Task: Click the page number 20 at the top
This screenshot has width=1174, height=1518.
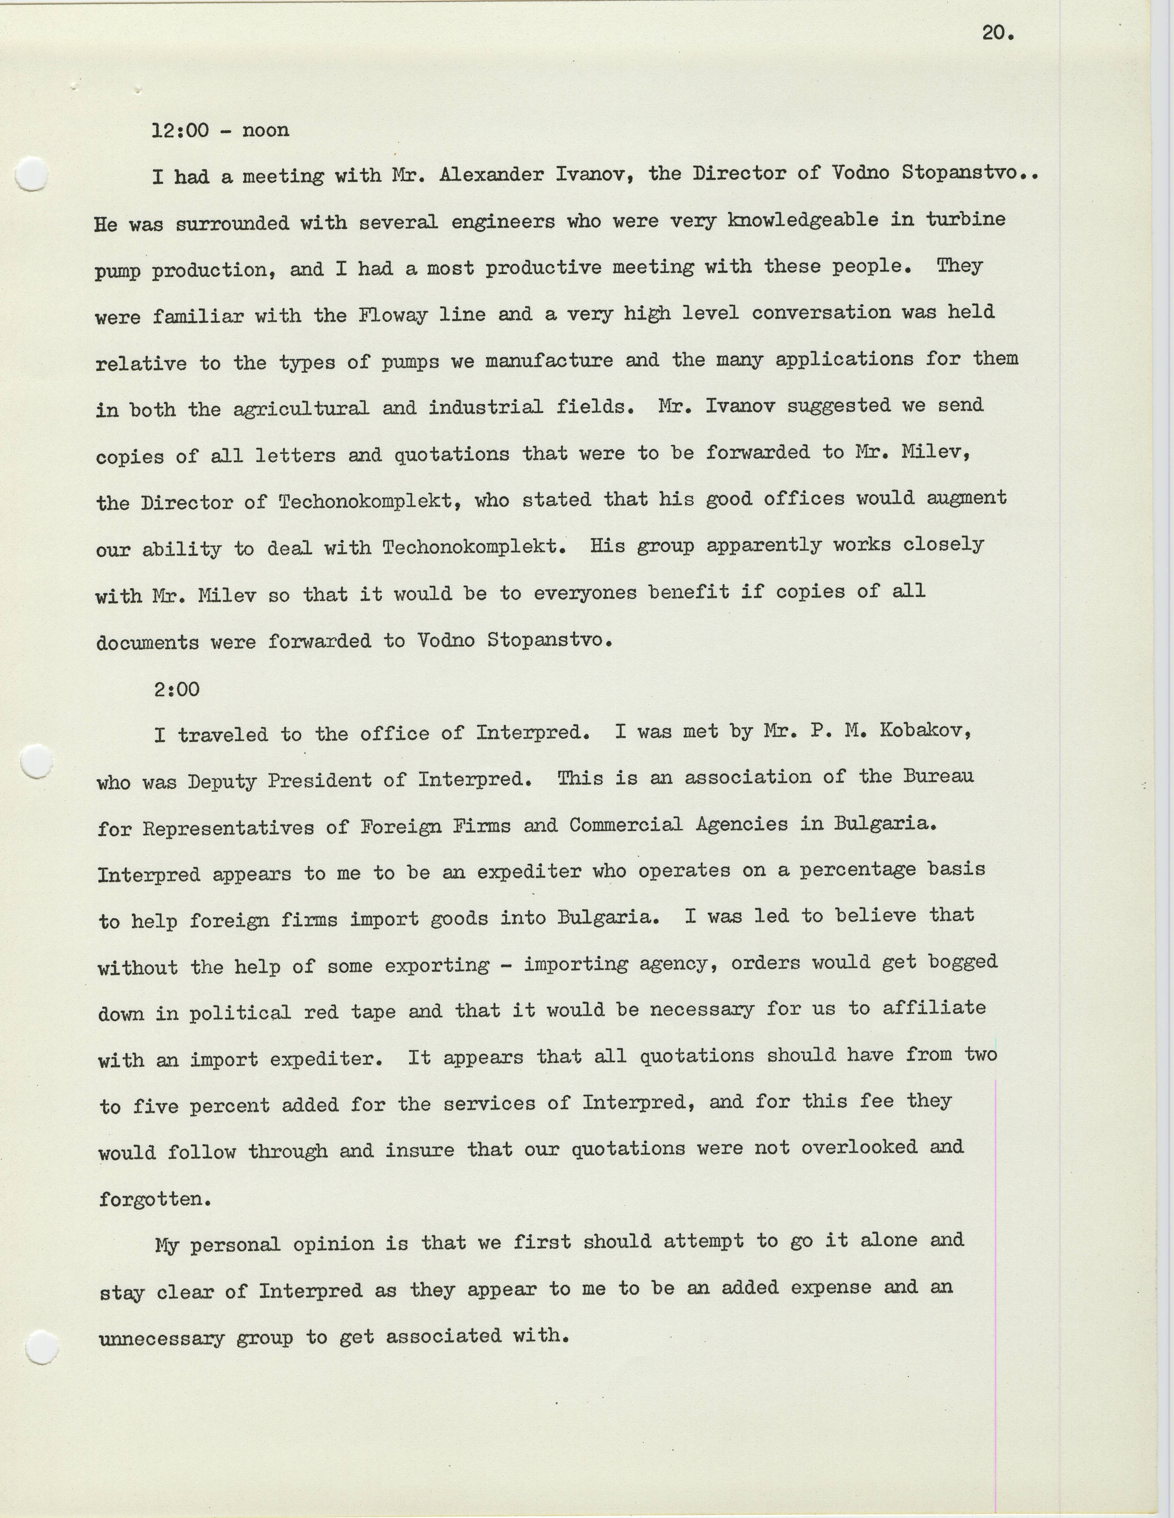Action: pyautogui.click(x=998, y=33)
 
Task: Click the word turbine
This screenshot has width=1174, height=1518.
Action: pyautogui.click(x=965, y=220)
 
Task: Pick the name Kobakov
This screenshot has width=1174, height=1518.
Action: pyautogui.click(x=920, y=732)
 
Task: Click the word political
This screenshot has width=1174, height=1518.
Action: pyautogui.click(x=240, y=1012)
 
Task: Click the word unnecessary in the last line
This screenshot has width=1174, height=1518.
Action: pyautogui.click(x=161, y=1338)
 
